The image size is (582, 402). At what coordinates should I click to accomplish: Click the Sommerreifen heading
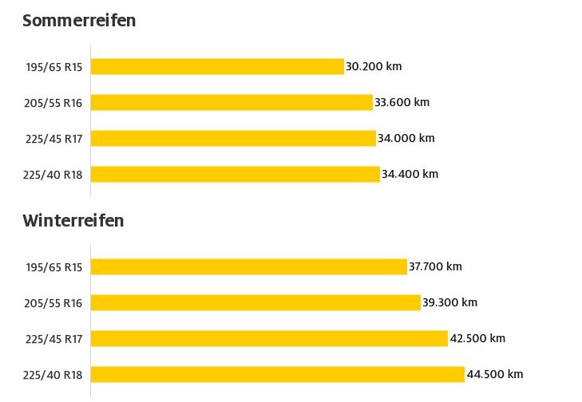click(x=79, y=21)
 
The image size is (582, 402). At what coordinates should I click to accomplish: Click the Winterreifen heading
click(x=73, y=221)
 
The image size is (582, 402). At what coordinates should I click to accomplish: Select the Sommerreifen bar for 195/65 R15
click(x=217, y=66)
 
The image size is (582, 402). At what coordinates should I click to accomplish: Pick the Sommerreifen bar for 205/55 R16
click(x=232, y=102)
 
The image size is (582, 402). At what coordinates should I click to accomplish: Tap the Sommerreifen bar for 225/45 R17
click(x=233, y=138)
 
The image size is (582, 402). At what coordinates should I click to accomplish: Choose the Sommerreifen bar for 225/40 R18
click(x=235, y=174)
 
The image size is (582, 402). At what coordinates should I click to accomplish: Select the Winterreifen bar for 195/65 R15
click(x=249, y=266)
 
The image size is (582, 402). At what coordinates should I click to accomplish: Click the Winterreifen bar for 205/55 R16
click(x=255, y=302)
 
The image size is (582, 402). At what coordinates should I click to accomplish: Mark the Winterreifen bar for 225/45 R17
click(x=269, y=338)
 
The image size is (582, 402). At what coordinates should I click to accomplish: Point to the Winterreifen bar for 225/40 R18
click(x=278, y=374)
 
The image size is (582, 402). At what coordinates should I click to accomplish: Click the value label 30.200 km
click(x=374, y=66)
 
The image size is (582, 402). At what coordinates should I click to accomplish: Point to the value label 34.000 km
click(x=406, y=138)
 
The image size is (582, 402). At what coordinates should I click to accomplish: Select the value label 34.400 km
click(x=410, y=174)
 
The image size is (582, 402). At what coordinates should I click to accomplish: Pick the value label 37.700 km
click(x=435, y=266)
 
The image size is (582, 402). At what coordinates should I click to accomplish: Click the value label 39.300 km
click(x=450, y=302)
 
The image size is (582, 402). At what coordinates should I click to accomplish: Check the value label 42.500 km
click(x=477, y=338)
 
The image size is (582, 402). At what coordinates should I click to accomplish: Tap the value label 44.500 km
click(x=495, y=374)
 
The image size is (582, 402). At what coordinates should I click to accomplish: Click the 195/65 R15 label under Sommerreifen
click(x=53, y=66)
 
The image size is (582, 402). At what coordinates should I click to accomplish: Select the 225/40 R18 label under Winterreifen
click(x=53, y=374)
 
